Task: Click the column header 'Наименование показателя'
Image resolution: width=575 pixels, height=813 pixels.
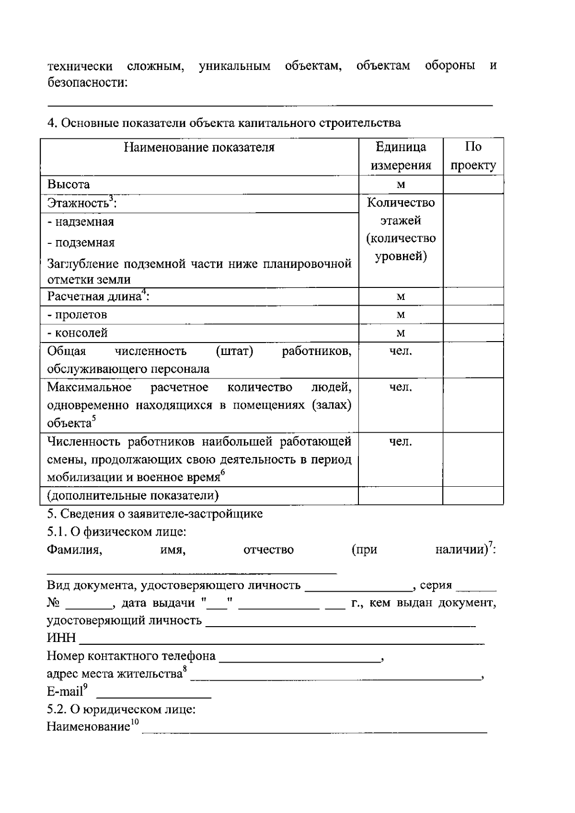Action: click(199, 148)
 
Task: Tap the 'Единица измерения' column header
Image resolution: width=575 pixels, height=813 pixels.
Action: click(401, 156)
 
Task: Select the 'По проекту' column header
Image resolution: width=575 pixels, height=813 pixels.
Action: click(473, 156)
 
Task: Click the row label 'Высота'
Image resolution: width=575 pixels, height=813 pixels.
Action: click(69, 184)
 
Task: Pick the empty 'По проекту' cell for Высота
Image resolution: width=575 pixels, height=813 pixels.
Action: click(473, 184)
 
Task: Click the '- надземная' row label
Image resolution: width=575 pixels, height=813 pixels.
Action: click(80, 222)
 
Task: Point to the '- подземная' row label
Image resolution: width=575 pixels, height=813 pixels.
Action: click(80, 243)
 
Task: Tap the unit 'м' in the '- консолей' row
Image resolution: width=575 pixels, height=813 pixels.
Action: click(401, 333)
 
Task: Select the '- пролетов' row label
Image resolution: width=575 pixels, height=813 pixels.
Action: click(77, 315)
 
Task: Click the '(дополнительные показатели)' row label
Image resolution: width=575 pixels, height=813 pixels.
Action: click(133, 495)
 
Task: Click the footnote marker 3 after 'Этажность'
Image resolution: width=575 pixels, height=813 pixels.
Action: click(111, 198)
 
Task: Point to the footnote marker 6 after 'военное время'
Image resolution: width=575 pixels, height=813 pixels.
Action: click(222, 473)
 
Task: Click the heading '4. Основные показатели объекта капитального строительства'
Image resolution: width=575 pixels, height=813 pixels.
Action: click(224, 123)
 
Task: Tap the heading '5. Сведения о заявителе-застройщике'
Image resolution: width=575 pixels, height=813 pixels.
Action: click(155, 514)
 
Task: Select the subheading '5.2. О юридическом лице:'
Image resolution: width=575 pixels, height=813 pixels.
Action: click(121, 709)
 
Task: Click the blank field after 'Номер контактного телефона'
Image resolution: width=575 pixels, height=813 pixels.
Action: click(300, 657)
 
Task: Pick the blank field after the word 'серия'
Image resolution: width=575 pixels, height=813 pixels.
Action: click(476, 586)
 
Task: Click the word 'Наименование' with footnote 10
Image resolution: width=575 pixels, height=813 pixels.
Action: click(88, 727)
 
